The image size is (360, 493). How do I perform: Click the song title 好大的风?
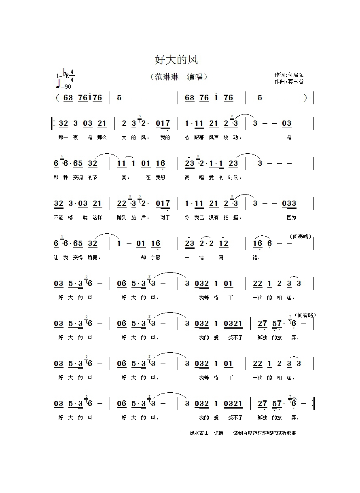pyautogui.click(x=176, y=60)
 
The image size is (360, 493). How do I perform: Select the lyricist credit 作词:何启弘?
pyautogui.click(x=289, y=75)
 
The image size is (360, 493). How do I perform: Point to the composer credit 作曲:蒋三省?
pyautogui.click(x=289, y=81)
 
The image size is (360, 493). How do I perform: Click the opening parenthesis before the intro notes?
pyautogui.click(x=58, y=98)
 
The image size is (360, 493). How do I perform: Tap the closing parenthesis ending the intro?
pyautogui.click(x=305, y=98)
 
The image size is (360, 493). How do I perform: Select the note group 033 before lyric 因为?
pyautogui.click(x=289, y=203)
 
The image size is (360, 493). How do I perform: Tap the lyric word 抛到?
pyautogui.click(x=121, y=217)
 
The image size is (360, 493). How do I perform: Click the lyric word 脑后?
pyautogui.click(x=142, y=217)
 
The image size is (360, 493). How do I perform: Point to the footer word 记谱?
pyautogui.click(x=218, y=433)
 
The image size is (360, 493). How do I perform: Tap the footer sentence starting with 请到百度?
pyautogui.click(x=265, y=433)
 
